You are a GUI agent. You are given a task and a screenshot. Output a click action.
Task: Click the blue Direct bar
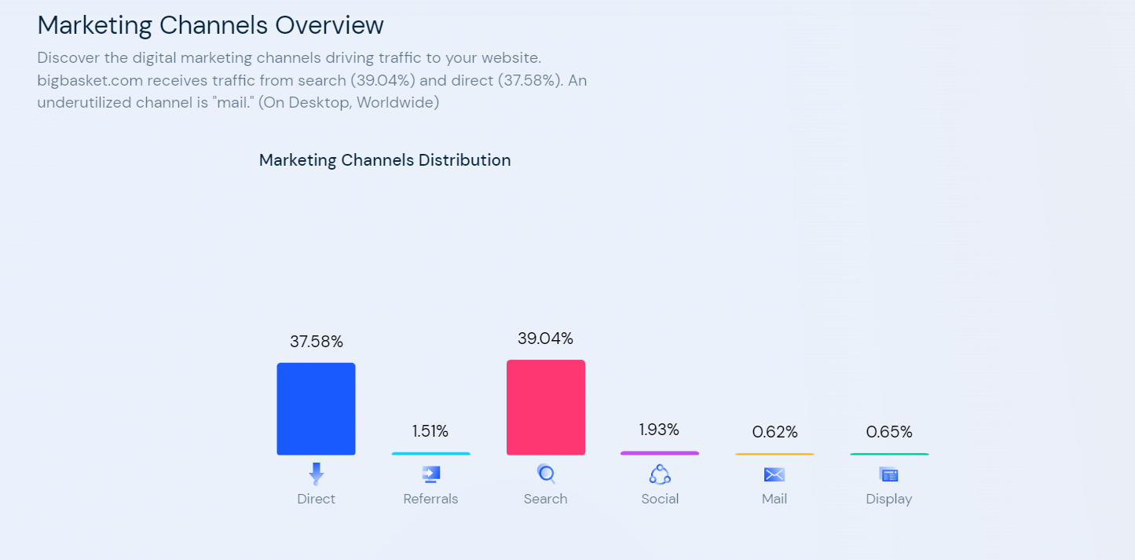coord(316,408)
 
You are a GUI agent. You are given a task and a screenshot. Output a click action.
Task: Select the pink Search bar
coord(545,407)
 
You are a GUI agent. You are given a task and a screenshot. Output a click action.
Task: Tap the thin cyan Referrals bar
coord(430,453)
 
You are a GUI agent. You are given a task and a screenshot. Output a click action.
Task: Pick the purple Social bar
coord(659,453)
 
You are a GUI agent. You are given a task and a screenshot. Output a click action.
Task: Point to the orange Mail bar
coord(774,454)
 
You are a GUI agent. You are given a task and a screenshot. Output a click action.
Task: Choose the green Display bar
coord(888,454)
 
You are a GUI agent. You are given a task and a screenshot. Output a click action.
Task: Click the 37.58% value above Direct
coord(316,342)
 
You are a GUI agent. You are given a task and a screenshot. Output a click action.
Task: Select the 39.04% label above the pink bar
coord(545,339)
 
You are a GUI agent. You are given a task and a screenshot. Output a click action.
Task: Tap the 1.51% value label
coord(430,431)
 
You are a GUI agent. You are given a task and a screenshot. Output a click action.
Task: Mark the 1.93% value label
coord(659,430)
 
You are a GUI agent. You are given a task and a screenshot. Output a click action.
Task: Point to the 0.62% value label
coord(774,432)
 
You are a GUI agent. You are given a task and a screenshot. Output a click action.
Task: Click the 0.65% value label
coord(889,432)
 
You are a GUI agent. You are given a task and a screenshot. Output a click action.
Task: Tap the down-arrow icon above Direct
coord(316,474)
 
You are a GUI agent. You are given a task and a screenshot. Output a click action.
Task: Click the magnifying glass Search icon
coord(546,474)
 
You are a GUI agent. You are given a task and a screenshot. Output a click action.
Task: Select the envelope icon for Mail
coord(774,474)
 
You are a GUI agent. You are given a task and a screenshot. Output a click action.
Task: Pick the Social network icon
coord(660,474)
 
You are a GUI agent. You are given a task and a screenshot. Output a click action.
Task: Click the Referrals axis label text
coord(430,499)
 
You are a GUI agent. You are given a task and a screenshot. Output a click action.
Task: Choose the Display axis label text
coord(889,499)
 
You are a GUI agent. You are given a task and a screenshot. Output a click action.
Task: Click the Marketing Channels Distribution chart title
coord(385,160)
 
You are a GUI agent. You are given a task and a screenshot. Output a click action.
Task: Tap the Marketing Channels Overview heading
coord(211,25)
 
